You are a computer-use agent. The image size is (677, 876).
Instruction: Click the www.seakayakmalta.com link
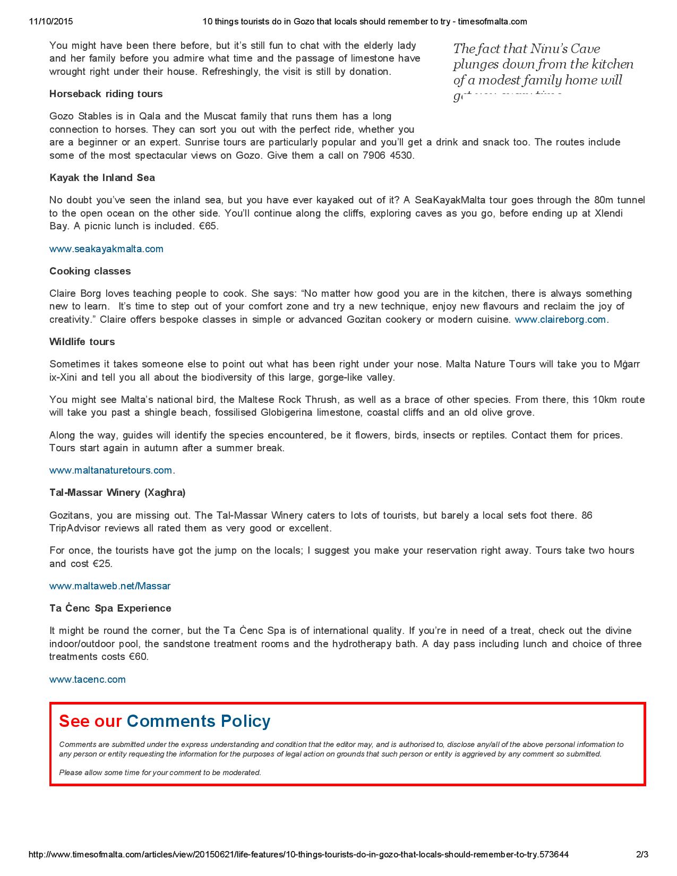[x=106, y=249]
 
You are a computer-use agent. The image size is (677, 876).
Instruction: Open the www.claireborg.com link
[x=560, y=320]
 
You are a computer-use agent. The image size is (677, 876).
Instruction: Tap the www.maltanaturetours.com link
[x=110, y=470]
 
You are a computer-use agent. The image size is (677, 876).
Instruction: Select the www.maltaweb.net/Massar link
[x=110, y=586]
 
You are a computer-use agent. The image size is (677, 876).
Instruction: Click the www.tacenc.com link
[x=88, y=680]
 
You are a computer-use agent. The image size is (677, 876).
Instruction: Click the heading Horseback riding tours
[x=106, y=94]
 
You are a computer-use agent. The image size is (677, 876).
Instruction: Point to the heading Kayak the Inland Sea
[x=102, y=178]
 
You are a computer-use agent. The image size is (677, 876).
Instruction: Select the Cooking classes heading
[x=90, y=271]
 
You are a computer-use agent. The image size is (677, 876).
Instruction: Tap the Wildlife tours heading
[x=82, y=342]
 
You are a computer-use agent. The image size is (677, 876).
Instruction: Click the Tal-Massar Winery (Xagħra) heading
[x=117, y=493]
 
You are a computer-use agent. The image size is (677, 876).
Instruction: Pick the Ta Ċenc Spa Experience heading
[x=110, y=608]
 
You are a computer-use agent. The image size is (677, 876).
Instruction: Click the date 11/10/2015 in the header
[x=51, y=22]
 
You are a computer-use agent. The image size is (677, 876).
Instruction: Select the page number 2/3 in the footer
[x=642, y=855]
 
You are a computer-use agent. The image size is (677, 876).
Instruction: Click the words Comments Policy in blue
[x=199, y=721]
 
